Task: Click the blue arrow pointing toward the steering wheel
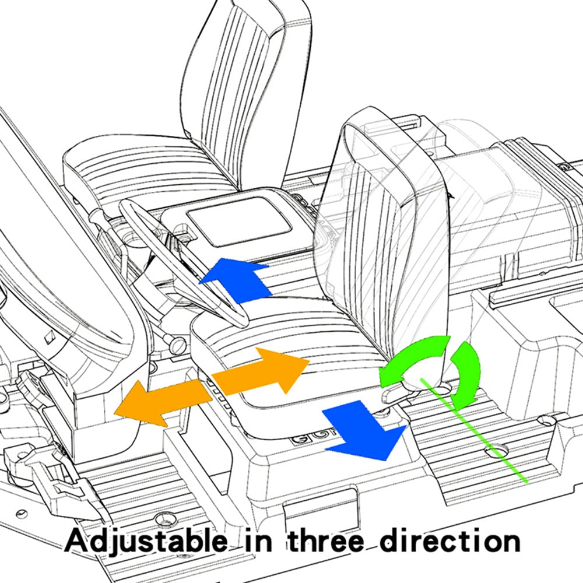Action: tap(238, 280)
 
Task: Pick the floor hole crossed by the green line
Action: tap(497, 450)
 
